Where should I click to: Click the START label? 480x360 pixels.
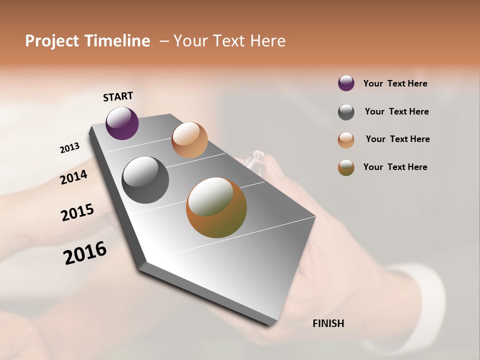(118, 96)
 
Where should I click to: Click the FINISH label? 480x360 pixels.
(328, 323)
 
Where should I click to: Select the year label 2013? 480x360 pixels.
(69, 148)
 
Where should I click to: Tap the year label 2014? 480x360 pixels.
(73, 177)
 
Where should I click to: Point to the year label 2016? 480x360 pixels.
(85, 253)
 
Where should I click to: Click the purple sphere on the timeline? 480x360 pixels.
(122, 123)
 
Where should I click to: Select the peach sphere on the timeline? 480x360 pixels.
(189, 140)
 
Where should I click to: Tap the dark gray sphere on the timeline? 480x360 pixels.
(145, 180)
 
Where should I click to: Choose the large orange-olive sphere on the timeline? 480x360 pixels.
(216, 207)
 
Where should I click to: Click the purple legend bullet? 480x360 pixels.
(346, 83)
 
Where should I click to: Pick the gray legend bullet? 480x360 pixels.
(346, 112)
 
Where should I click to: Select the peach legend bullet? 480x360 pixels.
(346, 140)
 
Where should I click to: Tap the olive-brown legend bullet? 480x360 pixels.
(346, 167)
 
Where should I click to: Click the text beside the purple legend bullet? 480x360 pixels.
(395, 83)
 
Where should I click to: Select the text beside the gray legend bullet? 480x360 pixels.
(396, 111)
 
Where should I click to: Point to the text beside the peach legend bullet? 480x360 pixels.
(397, 139)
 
